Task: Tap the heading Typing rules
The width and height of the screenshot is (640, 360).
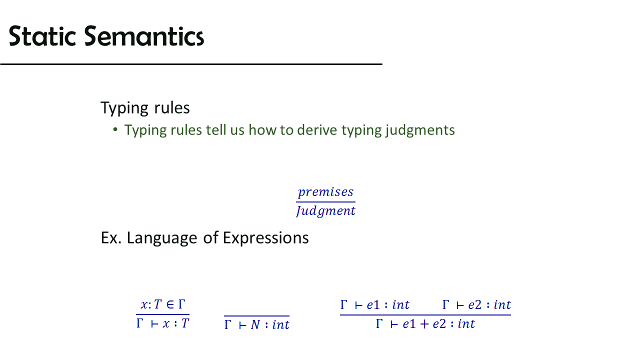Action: [x=145, y=108]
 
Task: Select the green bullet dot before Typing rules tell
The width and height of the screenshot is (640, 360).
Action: [x=115, y=129]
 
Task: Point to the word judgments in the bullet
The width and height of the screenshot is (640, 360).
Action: [x=420, y=130]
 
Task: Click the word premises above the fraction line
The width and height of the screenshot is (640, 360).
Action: [x=325, y=192]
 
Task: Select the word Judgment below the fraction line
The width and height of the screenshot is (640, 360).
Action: [x=325, y=211]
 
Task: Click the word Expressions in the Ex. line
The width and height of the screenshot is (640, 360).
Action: [x=265, y=238]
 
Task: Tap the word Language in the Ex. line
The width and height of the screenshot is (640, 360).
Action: [x=161, y=238]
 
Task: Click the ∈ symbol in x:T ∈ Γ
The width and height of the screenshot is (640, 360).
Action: [x=170, y=304]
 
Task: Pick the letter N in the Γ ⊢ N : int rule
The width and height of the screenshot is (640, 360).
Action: [x=255, y=324]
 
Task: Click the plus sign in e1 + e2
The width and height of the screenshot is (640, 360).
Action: [x=424, y=324]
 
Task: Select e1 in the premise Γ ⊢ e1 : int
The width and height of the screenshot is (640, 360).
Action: [x=373, y=305]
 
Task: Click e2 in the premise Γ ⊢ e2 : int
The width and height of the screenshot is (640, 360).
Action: [x=475, y=305]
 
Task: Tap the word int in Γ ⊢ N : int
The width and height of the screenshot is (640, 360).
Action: [x=281, y=324]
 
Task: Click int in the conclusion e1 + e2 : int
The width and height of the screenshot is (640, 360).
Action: [x=466, y=324]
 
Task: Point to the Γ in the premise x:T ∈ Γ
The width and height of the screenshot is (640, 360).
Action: [x=181, y=304]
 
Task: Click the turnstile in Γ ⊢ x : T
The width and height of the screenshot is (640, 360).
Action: [x=155, y=324]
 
